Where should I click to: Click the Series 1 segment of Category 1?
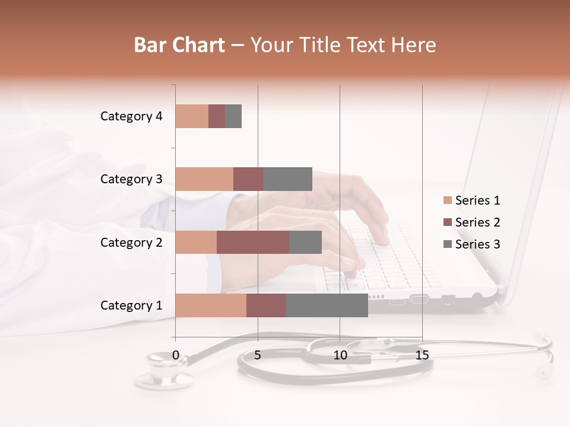coord(211,305)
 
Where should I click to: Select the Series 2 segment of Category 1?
coord(266,305)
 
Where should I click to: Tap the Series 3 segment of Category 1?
coord(327,305)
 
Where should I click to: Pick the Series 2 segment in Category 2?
coord(253,242)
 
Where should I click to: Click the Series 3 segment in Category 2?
coord(305,242)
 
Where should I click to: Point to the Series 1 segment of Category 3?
coord(204,179)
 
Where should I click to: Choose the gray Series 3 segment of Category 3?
coord(287,179)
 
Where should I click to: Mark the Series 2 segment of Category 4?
coord(217,116)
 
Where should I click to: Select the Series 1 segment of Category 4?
coord(192,116)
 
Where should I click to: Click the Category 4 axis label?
coord(131,116)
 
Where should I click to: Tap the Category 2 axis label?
coord(131,243)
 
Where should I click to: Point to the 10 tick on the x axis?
coord(340,355)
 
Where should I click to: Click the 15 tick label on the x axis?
coord(422,355)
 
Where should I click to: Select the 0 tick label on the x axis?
coord(176,355)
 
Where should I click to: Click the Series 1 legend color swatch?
coord(447,200)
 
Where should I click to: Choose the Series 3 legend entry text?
coord(477,244)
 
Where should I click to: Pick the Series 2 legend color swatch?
coord(447,222)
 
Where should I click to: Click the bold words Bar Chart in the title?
coord(179,45)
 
